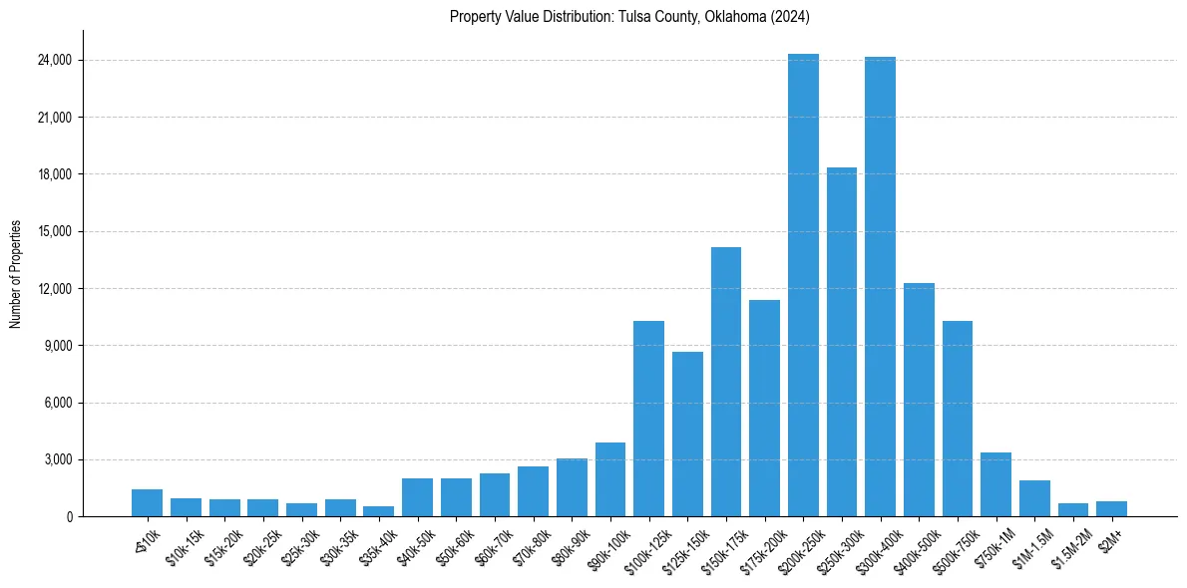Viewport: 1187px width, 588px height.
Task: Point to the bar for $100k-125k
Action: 648,419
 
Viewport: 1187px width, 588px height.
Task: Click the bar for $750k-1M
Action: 995,484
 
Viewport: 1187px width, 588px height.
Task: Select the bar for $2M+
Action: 1111,509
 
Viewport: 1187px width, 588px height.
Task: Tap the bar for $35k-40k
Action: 378,511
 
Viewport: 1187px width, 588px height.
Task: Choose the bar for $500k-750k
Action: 958,419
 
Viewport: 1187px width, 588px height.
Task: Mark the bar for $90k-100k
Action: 610,479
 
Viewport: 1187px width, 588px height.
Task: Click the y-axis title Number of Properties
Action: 16,274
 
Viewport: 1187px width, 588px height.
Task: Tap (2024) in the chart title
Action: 789,17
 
